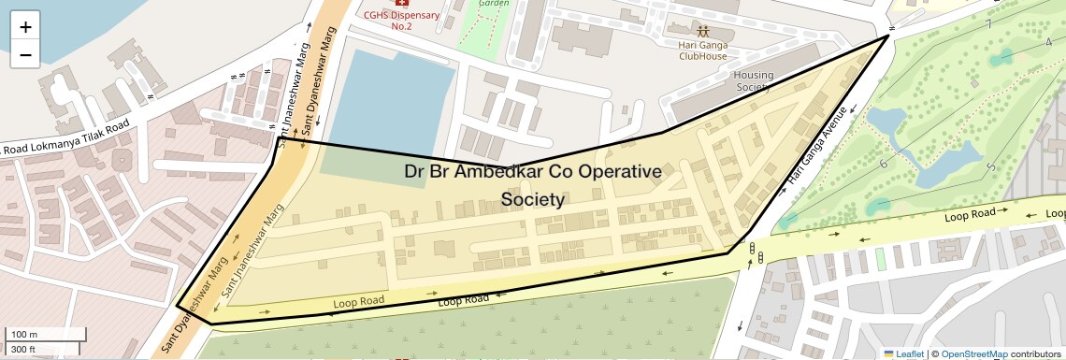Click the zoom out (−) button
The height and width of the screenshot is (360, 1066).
point(25,55)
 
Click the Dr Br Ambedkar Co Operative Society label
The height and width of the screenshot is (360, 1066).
point(533,185)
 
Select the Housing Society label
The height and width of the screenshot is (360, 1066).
point(754,80)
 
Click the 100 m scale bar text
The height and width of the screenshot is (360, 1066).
point(24,334)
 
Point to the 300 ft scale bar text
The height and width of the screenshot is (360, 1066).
point(23,350)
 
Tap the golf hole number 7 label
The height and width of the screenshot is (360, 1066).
point(987,23)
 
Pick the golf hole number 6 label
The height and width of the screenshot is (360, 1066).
point(883,165)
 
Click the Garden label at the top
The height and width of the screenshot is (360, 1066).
point(493,3)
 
